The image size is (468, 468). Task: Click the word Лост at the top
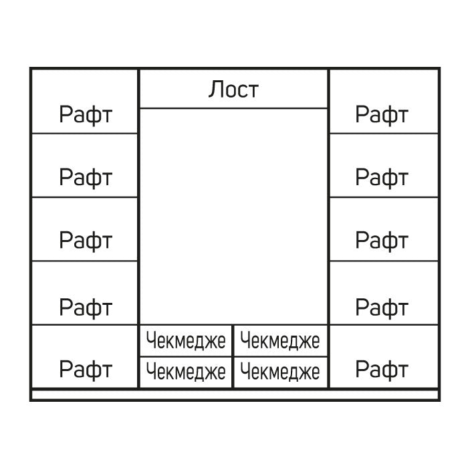pyautogui.click(x=233, y=89)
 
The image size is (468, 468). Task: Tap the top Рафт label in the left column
pyautogui.click(x=86, y=114)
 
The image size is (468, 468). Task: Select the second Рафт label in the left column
pyautogui.click(x=86, y=177)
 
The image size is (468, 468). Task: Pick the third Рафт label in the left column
pyautogui.click(x=86, y=240)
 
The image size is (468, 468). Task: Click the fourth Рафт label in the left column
pyautogui.click(x=86, y=308)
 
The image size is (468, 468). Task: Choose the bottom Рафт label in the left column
pyautogui.click(x=86, y=370)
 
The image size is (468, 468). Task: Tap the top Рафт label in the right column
pyautogui.click(x=382, y=114)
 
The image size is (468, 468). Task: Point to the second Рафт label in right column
pyautogui.click(x=382, y=177)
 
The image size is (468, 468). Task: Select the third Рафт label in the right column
pyautogui.click(x=382, y=240)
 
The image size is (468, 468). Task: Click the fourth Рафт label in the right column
pyautogui.click(x=382, y=308)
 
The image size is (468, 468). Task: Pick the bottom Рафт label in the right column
pyautogui.click(x=382, y=370)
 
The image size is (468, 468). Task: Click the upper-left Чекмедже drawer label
pyautogui.click(x=186, y=341)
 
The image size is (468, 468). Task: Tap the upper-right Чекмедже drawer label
pyautogui.click(x=280, y=341)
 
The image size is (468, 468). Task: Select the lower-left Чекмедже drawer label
pyautogui.click(x=186, y=372)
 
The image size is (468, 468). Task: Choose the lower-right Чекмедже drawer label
pyautogui.click(x=280, y=372)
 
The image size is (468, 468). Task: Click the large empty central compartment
pyautogui.click(x=233, y=217)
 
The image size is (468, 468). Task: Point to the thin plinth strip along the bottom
pyautogui.click(x=235, y=395)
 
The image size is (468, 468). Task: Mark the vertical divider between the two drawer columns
pyautogui.click(x=233, y=356)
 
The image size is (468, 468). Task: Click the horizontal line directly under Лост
pyautogui.click(x=233, y=108)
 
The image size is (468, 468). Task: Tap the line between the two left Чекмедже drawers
pyautogui.click(x=186, y=356)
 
